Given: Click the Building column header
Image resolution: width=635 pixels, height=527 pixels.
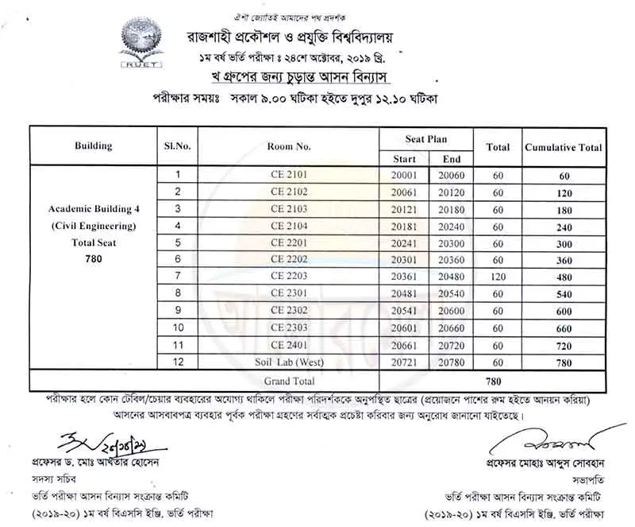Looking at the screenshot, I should [93, 146].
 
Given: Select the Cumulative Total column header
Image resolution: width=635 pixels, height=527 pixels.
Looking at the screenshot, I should [563, 147].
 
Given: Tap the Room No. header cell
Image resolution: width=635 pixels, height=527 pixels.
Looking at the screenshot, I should [289, 146].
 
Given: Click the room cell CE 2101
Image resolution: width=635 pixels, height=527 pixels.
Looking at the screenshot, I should [288, 174].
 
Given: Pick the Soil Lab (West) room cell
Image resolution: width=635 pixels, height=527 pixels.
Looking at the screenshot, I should [288, 362].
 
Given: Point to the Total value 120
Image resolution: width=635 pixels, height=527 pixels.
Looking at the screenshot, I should [498, 277].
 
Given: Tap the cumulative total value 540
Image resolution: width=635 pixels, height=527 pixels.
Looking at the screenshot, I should [564, 293].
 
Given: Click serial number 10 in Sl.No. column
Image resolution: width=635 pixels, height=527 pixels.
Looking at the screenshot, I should [179, 327].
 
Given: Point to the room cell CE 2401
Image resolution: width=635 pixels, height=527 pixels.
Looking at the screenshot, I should [288, 344].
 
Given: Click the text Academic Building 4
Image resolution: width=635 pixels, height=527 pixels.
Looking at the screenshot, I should [94, 209].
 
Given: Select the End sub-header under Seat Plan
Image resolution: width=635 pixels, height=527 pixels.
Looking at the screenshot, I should [452, 158].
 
